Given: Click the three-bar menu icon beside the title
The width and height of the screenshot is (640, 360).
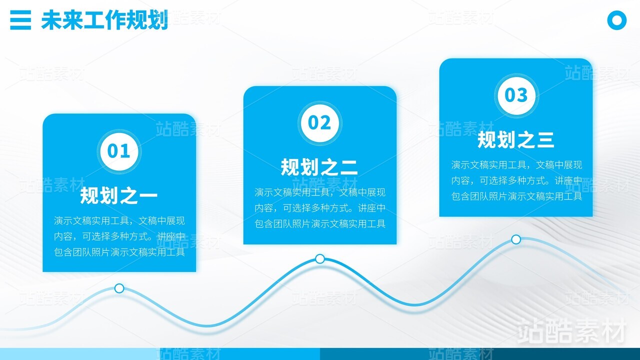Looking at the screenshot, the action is click(x=20, y=20).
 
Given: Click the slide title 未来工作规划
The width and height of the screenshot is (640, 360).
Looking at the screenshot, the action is click(x=104, y=20).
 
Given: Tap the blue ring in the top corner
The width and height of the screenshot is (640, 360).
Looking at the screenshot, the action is click(x=617, y=20).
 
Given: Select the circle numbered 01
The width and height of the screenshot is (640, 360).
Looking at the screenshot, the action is click(x=119, y=151).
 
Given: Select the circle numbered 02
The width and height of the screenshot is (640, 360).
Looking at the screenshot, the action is click(x=319, y=123).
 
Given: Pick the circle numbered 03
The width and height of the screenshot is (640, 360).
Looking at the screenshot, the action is click(x=516, y=95).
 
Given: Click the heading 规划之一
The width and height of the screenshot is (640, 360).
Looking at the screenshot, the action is click(x=119, y=195).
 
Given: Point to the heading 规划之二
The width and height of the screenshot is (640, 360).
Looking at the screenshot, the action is click(x=319, y=167).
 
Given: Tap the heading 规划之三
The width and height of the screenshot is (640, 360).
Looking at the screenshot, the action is click(x=516, y=139).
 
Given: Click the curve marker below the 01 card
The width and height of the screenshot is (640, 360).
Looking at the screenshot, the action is click(x=119, y=288).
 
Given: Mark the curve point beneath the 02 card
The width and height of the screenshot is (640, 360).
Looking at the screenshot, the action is click(x=320, y=259).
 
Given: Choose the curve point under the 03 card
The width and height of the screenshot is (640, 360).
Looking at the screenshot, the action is click(x=516, y=239).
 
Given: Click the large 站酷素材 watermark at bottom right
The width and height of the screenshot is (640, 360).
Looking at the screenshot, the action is click(x=571, y=331).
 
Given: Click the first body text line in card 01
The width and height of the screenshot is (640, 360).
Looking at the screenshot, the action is click(x=119, y=221).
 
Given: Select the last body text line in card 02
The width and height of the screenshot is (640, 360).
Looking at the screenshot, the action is click(x=320, y=223).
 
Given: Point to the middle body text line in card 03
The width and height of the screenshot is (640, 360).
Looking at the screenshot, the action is click(x=516, y=180).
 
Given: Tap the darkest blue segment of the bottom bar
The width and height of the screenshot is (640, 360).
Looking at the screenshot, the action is click(x=480, y=354).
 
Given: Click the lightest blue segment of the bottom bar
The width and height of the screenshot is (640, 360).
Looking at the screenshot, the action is click(x=80, y=354).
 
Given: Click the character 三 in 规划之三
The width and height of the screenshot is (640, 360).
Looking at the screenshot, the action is click(x=545, y=140).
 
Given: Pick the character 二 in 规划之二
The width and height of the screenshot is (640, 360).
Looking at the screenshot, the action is click(x=349, y=167).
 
